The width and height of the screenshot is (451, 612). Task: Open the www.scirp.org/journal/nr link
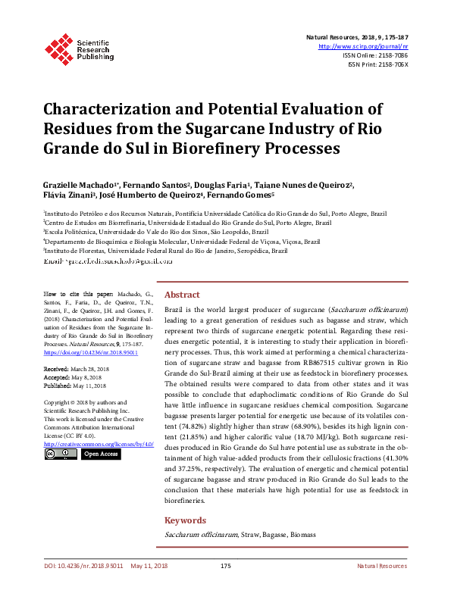coord(364,46)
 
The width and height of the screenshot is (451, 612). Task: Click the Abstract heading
coord(182,295)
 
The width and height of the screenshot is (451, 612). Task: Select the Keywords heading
coord(185,520)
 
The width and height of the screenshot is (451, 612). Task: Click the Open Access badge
coord(100,454)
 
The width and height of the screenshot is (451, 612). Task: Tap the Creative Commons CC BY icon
coord(60,454)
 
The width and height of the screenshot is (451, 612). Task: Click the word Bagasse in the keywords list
coord(277,535)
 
